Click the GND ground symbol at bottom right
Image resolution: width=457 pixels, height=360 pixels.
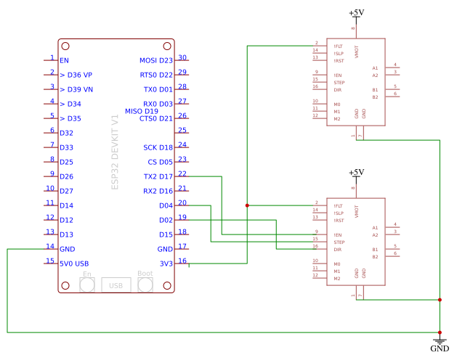[440, 341]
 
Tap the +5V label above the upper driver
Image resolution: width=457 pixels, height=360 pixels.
[356, 13]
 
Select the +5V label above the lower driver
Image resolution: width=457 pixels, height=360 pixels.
[356, 173]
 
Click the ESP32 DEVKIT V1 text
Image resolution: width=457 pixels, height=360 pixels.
[115, 152]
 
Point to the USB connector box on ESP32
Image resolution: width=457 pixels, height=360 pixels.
[116, 285]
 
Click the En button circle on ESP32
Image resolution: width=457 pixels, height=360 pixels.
[87, 285]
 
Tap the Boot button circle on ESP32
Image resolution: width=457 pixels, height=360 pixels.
[145, 285]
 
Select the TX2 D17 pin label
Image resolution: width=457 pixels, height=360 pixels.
[158, 176]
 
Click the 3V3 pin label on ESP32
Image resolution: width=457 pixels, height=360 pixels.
[166, 263]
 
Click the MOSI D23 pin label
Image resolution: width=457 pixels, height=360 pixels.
[155, 60]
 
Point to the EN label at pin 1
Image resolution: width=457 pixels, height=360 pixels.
[65, 60]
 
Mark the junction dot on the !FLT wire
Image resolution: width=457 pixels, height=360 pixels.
[247, 205]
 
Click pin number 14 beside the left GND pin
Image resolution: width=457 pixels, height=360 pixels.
[50, 247]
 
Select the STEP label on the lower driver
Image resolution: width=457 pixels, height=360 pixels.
[339, 242]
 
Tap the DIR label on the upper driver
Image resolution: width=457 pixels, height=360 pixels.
[338, 90]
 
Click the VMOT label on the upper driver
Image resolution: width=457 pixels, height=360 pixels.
[357, 52]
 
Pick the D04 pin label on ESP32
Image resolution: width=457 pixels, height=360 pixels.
[165, 205]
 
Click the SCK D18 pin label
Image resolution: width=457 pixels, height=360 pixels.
[158, 147]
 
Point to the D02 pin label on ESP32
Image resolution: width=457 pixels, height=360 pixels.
[165, 220]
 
